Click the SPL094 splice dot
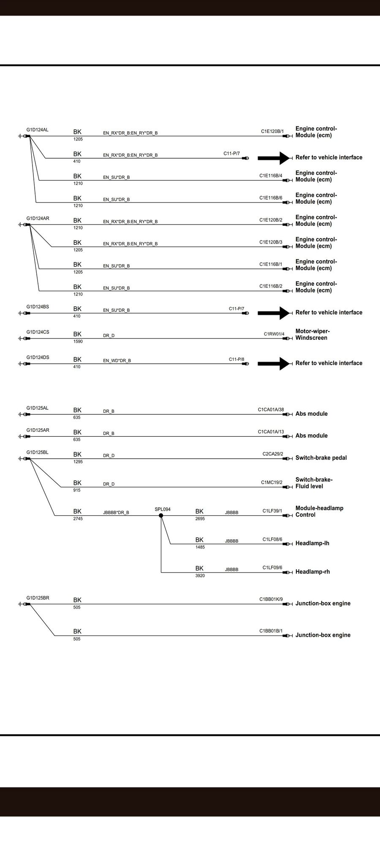[x=161, y=516]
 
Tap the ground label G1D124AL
[x=37, y=130]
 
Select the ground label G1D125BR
[x=38, y=598]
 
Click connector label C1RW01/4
[x=274, y=334]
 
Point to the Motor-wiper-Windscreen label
[x=312, y=335]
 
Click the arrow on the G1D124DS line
[x=274, y=363]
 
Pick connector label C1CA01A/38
[x=271, y=409]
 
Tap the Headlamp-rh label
[x=312, y=572]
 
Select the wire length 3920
[x=200, y=576]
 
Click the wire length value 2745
[x=78, y=519]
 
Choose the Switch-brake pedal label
[x=321, y=458]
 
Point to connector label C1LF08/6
[x=272, y=539]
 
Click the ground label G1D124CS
[x=38, y=332]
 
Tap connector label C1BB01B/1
[x=271, y=631]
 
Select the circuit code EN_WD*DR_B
[x=117, y=361]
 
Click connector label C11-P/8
[x=236, y=359]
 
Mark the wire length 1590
[x=78, y=341]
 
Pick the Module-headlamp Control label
[x=319, y=511]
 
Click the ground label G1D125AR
[x=38, y=430]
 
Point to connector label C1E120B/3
[x=271, y=242]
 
